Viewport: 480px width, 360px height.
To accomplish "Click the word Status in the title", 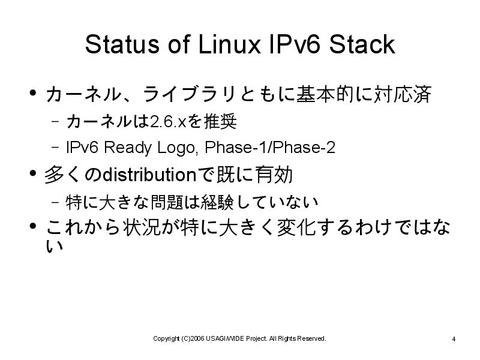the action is coord(122,44).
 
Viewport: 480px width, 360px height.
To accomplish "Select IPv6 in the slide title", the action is coord(295,44).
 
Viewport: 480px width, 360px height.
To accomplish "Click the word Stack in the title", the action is coord(362,44).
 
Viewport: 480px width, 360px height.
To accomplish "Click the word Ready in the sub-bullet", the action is coord(128,148).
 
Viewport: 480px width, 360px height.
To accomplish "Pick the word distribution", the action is coord(149,175).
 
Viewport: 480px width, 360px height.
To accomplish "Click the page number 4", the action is coord(454,339).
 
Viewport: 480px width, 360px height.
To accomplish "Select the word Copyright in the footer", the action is coord(166,339).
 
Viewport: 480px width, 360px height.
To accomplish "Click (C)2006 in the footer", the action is coord(193,339).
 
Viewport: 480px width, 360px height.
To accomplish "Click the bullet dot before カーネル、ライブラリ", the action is coord(33,92).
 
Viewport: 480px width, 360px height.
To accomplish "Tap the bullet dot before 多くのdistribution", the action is coord(33,173).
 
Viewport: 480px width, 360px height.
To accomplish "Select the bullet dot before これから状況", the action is coord(33,226).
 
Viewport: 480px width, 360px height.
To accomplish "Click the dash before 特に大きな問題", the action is coord(55,202).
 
